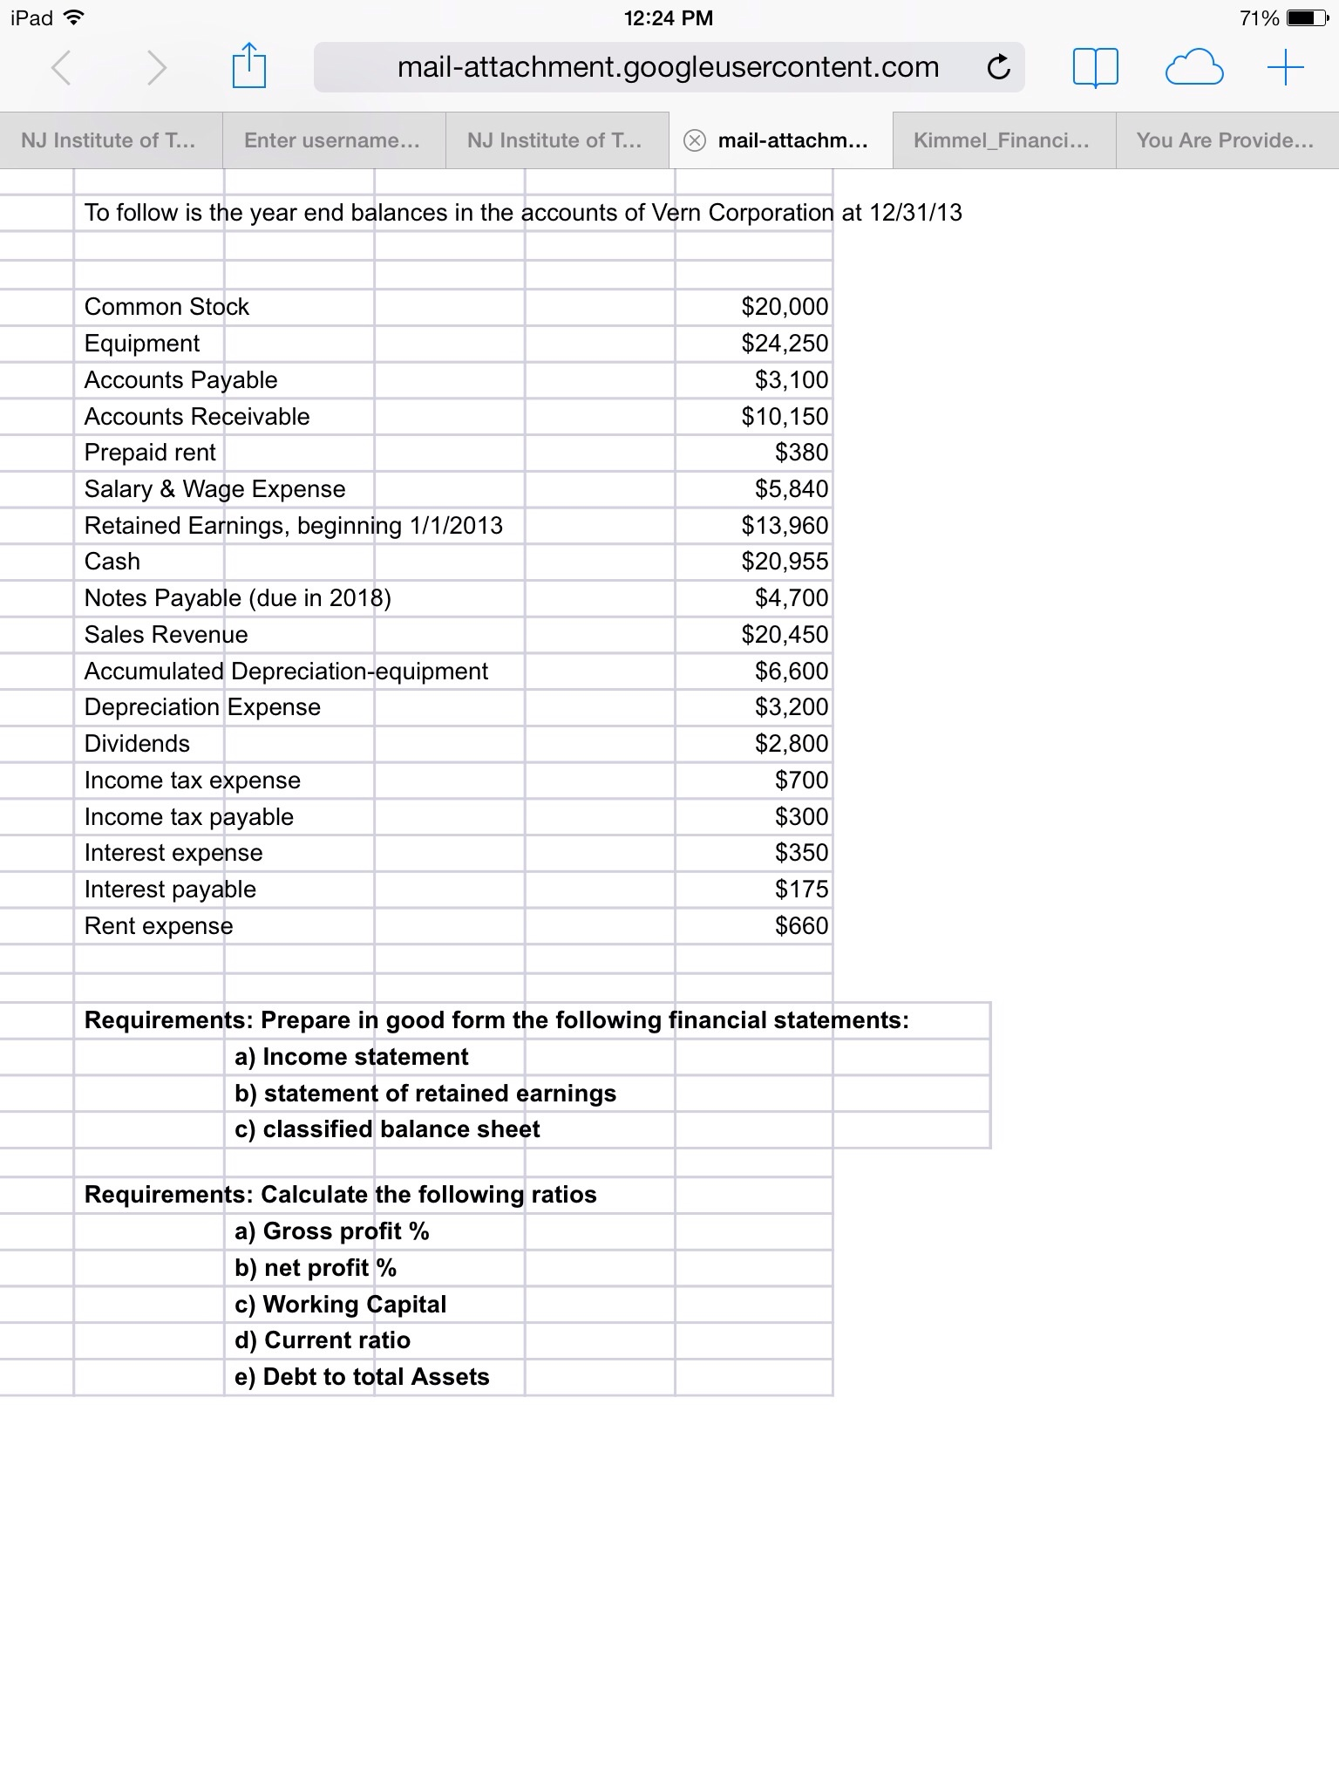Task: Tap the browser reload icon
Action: [999, 67]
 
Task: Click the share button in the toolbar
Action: [248, 66]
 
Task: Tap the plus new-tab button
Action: [1285, 67]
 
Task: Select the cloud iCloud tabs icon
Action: [1193, 67]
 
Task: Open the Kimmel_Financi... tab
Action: [1002, 140]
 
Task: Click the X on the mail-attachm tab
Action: [694, 140]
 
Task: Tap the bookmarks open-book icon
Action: [1095, 67]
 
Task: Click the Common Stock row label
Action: [167, 307]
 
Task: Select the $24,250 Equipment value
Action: [785, 344]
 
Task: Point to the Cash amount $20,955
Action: [785, 562]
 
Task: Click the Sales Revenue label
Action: [166, 635]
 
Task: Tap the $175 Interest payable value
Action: [801, 890]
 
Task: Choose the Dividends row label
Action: [137, 744]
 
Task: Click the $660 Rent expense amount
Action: [801, 926]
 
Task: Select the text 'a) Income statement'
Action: [351, 1057]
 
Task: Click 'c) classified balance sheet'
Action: [387, 1129]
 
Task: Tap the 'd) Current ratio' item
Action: [323, 1340]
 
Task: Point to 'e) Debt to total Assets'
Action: [362, 1377]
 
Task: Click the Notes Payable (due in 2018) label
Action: [237, 598]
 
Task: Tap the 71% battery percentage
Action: [1259, 18]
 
